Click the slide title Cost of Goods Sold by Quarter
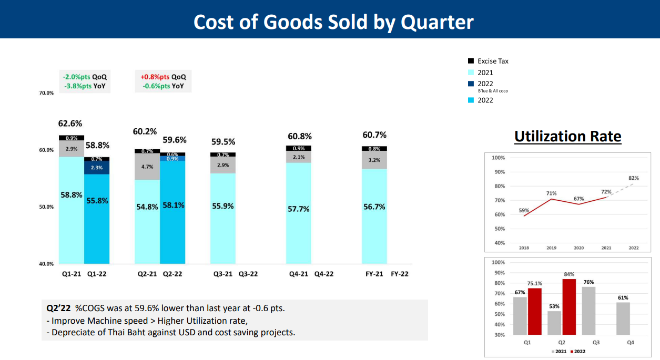click(333, 22)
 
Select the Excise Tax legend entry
click(493, 61)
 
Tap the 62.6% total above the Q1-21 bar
click(70, 124)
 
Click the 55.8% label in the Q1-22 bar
click(97, 200)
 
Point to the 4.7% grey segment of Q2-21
click(147, 167)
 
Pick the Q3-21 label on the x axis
click(222, 274)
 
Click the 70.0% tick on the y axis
click(46, 93)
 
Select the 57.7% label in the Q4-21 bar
click(299, 209)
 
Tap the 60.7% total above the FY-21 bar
click(374, 135)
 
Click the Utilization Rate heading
click(568, 137)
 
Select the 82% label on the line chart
click(634, 178)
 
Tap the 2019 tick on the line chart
click(552, 248)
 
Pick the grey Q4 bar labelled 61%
click(623, 318)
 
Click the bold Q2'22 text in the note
click(58, 308)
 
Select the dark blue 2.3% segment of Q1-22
click(97, 168)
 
